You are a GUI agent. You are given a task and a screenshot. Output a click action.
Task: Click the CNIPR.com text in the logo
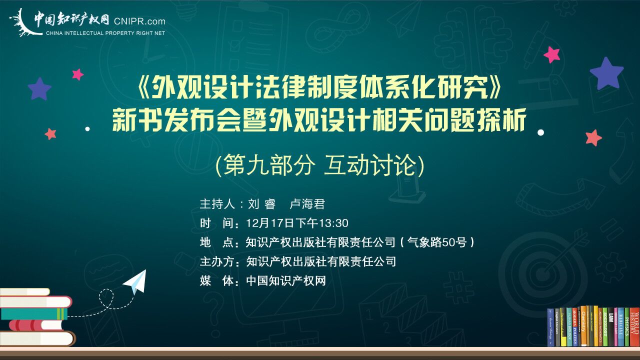coord(139,21)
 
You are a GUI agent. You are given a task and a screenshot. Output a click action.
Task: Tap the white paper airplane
coord(135,281)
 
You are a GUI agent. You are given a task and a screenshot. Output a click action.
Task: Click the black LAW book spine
coord(611,327)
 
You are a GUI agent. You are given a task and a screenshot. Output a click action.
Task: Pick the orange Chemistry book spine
coord(583,326)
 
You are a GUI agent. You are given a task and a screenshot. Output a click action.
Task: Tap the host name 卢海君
coord(307,204)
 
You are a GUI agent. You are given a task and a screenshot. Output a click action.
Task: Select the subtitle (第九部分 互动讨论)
coord(319,165)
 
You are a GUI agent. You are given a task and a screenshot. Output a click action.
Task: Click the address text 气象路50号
coord(437,242)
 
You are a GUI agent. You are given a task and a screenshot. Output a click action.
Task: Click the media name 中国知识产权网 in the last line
coord(286,281)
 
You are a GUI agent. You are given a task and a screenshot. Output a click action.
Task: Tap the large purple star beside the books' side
coord(606,73)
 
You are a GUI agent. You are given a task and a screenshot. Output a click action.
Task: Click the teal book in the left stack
coord(34,313)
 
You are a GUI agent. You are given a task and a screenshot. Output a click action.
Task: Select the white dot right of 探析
coord(540,132)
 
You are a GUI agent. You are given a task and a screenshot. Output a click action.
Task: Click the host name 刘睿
coord(261,204)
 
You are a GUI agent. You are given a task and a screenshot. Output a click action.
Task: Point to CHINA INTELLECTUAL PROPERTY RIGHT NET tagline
coord(105,33)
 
